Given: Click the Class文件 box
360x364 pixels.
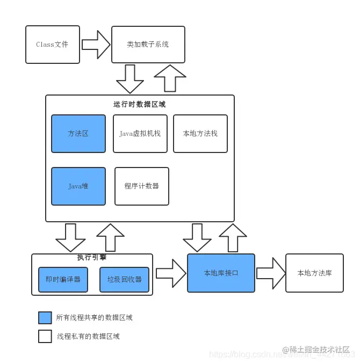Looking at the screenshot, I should click(53, 45).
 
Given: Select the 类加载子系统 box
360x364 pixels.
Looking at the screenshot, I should click(148, 45).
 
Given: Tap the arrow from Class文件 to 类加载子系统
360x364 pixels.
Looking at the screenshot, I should click(96, 45).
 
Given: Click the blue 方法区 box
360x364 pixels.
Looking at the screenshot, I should click(78, 134).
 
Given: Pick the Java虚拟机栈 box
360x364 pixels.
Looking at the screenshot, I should click(140, 134).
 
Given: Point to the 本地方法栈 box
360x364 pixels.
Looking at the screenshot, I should click(200, 134).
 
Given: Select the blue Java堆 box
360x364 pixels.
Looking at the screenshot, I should click(78, 186).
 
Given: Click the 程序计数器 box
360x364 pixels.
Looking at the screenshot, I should click(142, 186).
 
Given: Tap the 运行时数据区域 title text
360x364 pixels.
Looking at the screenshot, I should click(140, 105).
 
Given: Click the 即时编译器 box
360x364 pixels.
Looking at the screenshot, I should click(63, 280).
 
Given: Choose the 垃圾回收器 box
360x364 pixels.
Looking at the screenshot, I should click(124, 280).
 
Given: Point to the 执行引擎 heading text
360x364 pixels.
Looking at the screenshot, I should click(92, 258).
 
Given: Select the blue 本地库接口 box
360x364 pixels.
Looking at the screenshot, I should click(221, 273).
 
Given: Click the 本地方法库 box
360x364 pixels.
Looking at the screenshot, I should click(314, 273).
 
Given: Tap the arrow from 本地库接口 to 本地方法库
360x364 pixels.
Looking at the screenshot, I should click(271, 273).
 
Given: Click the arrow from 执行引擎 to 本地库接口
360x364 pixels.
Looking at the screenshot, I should click(171, 273).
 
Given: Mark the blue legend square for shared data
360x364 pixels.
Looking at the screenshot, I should click(45, 318).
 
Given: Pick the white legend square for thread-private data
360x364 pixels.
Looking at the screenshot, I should click(45, 337).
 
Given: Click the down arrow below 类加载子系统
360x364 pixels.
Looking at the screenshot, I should click(130, 79).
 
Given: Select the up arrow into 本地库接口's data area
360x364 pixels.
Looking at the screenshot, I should click(233, 237).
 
